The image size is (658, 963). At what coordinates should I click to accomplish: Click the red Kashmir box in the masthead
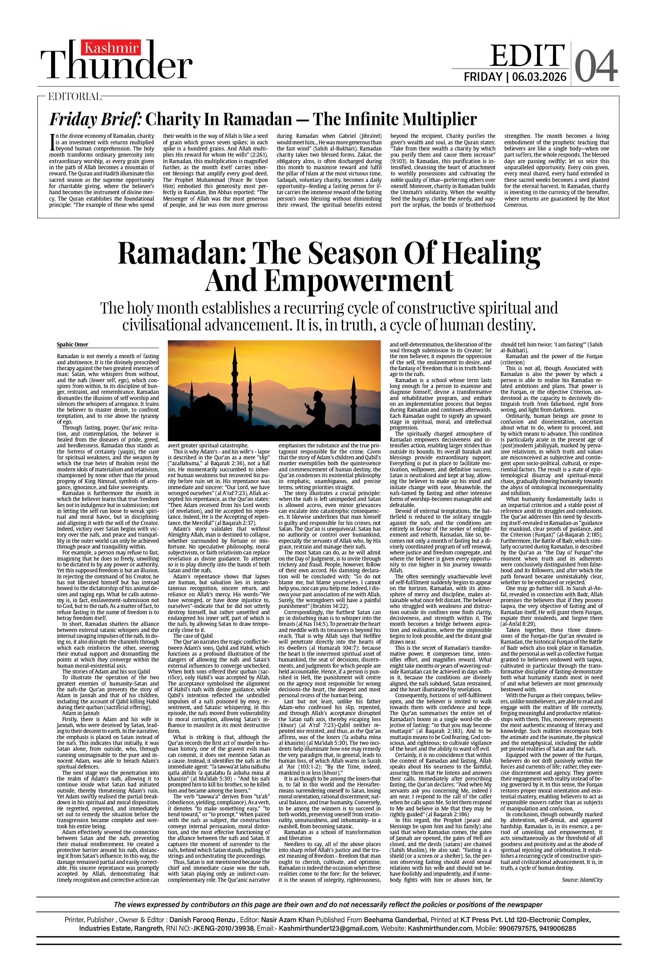coord(111,48)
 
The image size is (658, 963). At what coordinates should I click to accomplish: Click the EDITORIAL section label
coord(74,97)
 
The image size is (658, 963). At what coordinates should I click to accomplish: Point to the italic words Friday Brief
coord(96,119)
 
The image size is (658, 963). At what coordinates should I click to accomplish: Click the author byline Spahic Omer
coord(73,344)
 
